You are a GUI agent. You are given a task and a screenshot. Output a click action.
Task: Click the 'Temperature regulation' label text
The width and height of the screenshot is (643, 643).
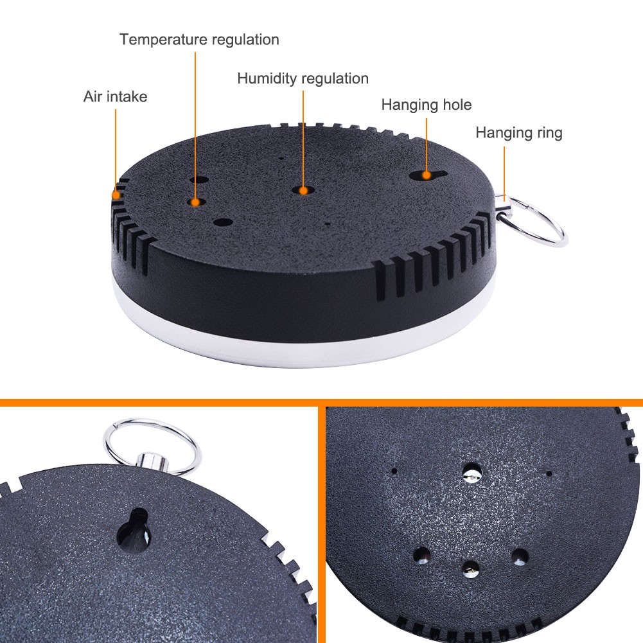(x=199, y=40)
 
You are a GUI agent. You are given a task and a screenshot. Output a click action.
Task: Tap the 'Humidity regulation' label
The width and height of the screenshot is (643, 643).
(x=303, y=78)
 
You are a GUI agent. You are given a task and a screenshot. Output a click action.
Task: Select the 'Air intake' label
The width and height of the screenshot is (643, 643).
(x=115, y=96)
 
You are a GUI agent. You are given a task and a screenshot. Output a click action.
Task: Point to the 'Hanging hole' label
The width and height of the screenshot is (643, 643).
(x=427, y=105)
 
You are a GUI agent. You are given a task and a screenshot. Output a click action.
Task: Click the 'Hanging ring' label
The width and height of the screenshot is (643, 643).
(x=519, y=133)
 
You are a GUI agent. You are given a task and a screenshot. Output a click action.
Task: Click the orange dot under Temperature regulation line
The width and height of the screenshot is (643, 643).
(x=195, y=202)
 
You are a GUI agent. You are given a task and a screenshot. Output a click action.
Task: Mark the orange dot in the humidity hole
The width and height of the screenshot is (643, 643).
(x=303, y=191)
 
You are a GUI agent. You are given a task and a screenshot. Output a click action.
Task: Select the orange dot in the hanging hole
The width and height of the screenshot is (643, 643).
(x=427, y=175)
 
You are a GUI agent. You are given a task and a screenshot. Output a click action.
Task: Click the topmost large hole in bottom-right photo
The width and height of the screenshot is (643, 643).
(x=471, y=472)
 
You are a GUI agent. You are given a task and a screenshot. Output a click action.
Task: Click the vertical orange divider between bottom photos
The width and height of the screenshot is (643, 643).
(x=322, y=525)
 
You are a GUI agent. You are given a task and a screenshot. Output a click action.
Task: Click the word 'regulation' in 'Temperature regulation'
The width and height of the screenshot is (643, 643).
(x=245, y=40)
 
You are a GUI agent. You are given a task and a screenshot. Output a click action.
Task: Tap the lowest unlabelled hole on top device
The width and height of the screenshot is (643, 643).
(x=223, y=223)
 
